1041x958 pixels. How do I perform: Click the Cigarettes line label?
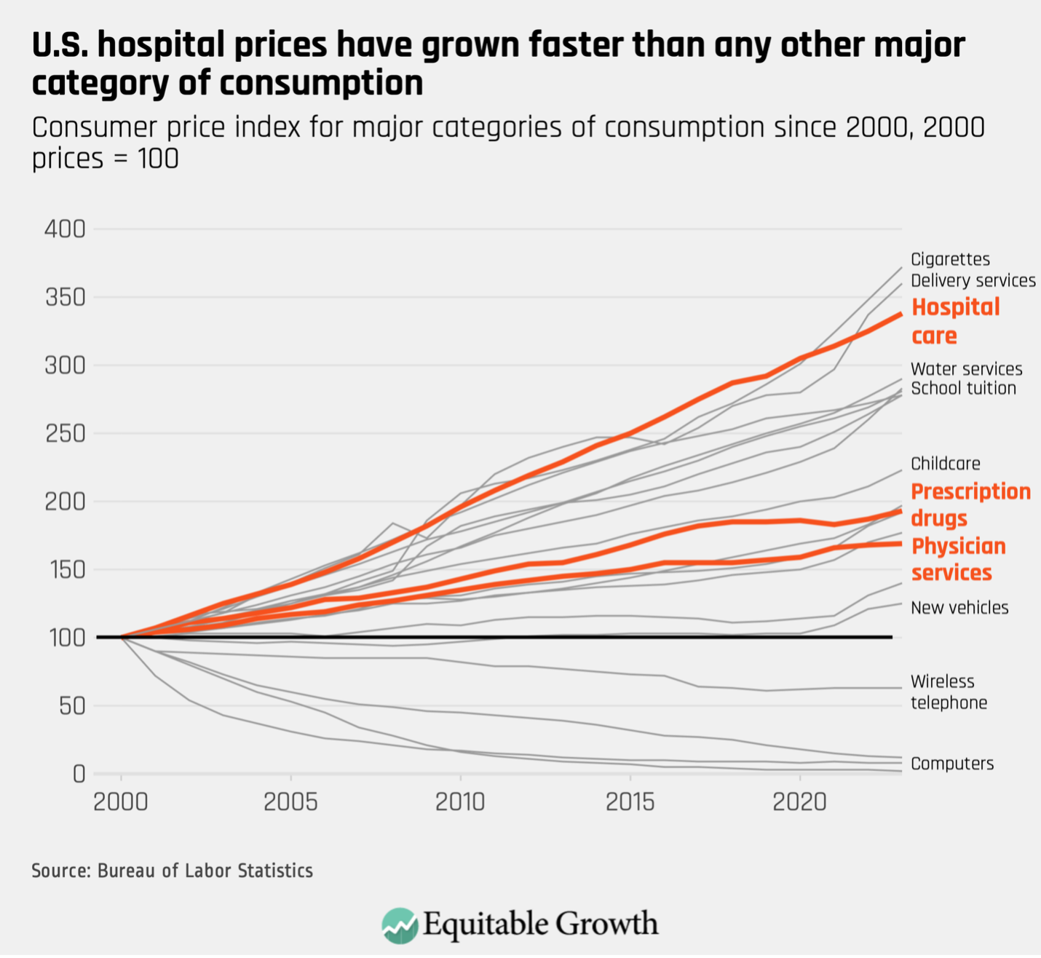pyautogui.click(x=950, y=259)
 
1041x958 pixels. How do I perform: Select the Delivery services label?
pyautogui.click(x=973, y=280)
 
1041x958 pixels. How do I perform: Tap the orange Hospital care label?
pyautogui.click(x=955, y=321)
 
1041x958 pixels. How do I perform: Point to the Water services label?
pyautogui.click(x=966, y=369)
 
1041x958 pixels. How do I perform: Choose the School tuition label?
pyautogui.click(x=963, y=388)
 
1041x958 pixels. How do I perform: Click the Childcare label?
pyautogui.click(x=945, y=464)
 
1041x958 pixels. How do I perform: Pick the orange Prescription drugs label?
pyautogui.click(x=970, y=504)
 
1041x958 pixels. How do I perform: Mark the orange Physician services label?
pyautogui.click(x=958, y=559)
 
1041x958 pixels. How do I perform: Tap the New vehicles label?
pyautogui.click(x=959, y=608)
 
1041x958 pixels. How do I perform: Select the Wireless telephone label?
pyautogui.click(x=949, y=692)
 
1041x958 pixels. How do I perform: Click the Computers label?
pyautogui.click(x=951, y=764)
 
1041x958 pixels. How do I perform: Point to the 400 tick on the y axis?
pyautogui.click(x=66, y=229)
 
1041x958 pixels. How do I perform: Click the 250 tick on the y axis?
pyautogui.click(x=66, y=434)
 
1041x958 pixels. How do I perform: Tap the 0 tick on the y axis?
pyautogui.click(x=79, y=774)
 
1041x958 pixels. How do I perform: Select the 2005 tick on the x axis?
pyautogui.click(x=290, y=802)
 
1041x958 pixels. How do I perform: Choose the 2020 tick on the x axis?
pyautogui.click(x=799, y=802)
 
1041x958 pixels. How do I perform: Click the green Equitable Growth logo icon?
pyautogui.click(x=400, y=925)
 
